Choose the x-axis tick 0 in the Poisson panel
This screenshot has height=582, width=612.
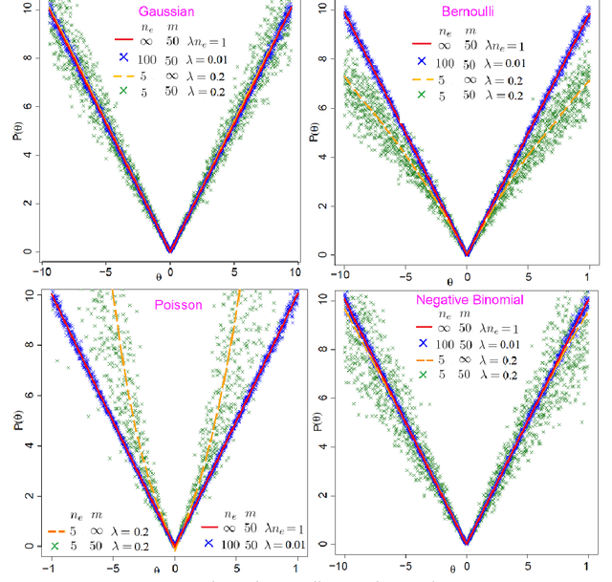(174, 567)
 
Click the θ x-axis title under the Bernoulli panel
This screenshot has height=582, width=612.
(448, 281)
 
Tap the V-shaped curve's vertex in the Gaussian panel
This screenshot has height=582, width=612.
(170, 249)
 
